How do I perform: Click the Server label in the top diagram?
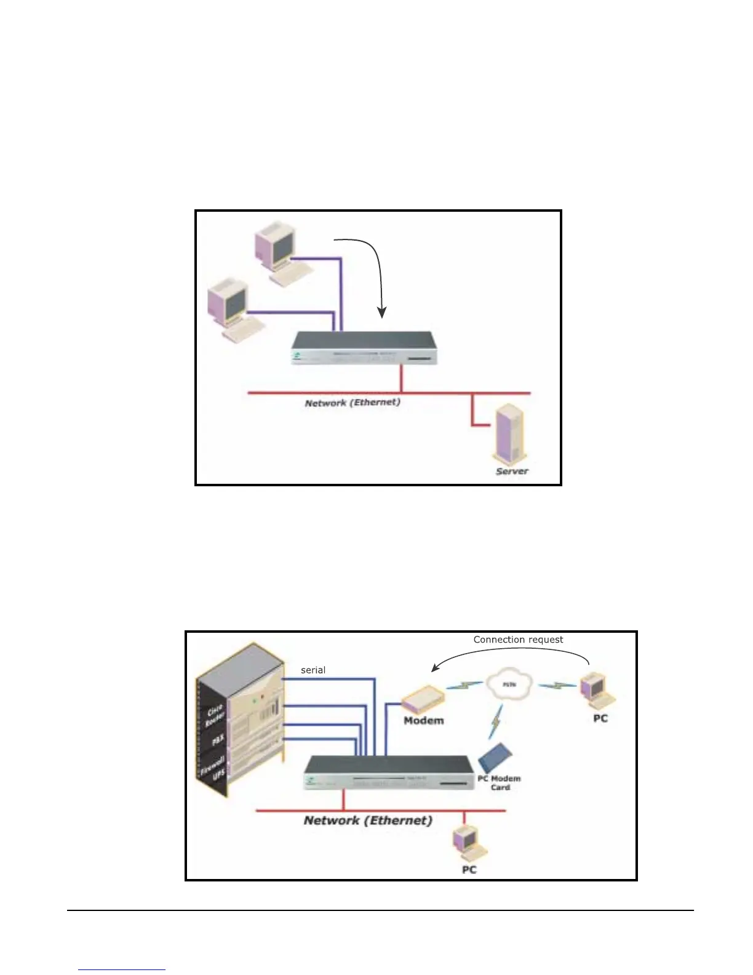coord(512,471)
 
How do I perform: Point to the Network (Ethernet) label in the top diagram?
coord(353,403)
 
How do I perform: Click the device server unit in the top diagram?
coord(364,348)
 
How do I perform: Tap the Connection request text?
coord(518,640)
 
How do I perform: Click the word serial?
coord(313,670)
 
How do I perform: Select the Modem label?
coord(423,720)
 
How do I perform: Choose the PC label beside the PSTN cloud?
coord(600,718)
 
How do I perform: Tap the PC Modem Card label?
coord(500,783)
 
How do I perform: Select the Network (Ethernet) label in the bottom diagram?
coord(368,821)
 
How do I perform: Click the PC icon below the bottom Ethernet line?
coord(468,843)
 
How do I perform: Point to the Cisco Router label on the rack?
coord(215,716)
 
